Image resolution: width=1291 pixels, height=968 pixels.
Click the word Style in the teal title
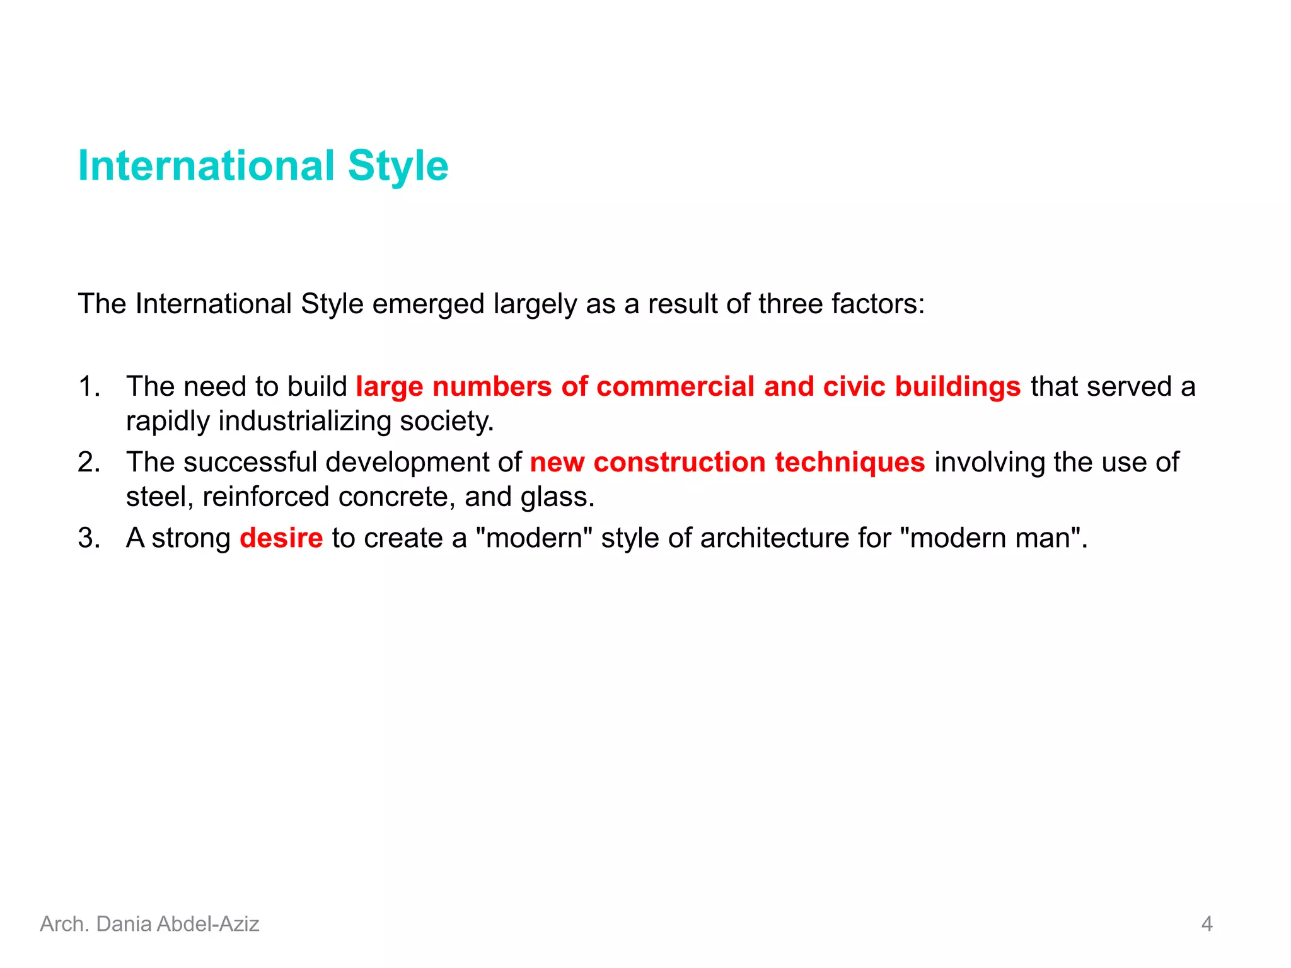[x=398, y=166]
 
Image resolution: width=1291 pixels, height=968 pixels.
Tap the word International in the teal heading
[x=206, y=166]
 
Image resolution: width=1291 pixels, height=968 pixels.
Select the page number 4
[x=1207, y=924]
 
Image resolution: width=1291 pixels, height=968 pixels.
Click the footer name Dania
[x=124, y=924]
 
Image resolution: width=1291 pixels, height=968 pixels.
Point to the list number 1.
[x=89, y=386]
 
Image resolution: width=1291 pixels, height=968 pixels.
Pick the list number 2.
[x=89, y=462]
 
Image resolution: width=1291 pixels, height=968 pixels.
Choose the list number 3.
[x=89, y=538]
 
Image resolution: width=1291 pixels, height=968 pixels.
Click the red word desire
[x=281, y=538]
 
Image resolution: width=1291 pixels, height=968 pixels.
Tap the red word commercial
[x=675, y=386]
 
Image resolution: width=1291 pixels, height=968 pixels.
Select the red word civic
[x=854, y=386]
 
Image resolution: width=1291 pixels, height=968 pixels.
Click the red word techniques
[x=850, y=462]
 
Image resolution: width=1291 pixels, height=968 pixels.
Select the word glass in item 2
[x=557, y=497]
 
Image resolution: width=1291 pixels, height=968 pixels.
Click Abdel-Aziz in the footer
[x=208, y=924]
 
